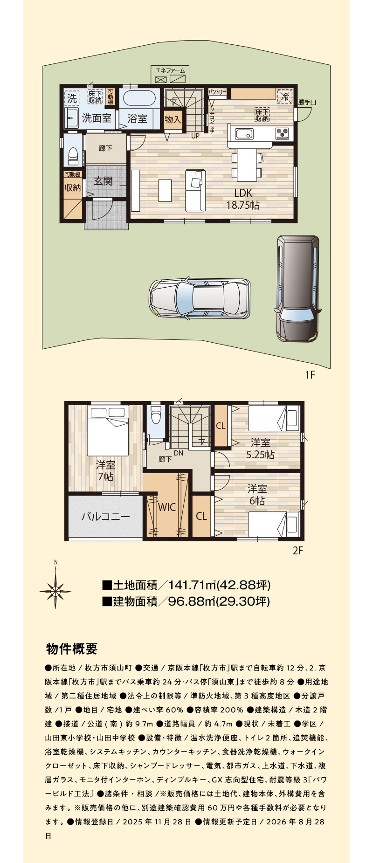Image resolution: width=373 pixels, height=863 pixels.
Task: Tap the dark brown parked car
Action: [x=298, y=288]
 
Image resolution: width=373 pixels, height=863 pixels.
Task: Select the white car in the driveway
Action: [x=199, y=299]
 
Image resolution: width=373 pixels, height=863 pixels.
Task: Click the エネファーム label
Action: [x=170, y=70]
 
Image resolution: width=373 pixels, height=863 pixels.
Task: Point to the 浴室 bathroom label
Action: [x=137, y=118]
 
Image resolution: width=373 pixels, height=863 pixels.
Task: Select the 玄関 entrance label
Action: [x=103, y=181]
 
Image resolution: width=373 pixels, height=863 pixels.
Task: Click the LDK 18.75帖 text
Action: [x=243, y=199]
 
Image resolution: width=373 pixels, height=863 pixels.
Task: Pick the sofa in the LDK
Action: [x=195, y=190]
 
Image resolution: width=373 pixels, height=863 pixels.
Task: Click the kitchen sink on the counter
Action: [x=244, y=134]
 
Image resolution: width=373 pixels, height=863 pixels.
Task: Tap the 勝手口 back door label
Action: [x=307, y=102]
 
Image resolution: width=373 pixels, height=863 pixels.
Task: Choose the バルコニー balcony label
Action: [x=106, y=517]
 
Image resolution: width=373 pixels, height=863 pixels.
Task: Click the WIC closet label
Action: [x=167, y=507]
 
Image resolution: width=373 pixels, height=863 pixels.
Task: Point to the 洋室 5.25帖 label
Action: [x=261, y=448]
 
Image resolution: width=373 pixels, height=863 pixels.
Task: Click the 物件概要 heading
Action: [x=72, y=649]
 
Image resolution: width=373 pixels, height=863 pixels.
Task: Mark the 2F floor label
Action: [x=298, y=551]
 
